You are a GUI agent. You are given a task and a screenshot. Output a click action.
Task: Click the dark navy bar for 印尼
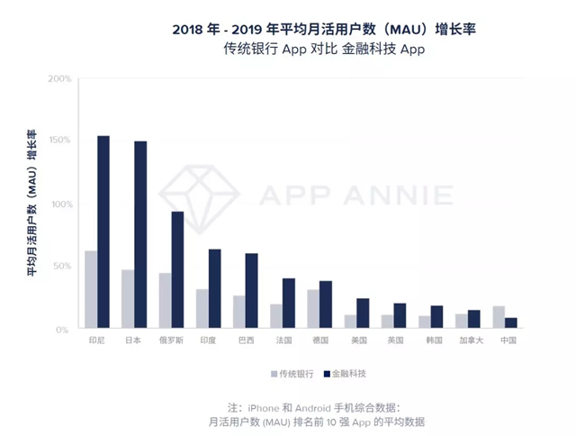pyautogui.click(x=103, y=232)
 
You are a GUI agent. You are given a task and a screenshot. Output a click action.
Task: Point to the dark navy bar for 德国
pyautogui.click(x=326, y=304)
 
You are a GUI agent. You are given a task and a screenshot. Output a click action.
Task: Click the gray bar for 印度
pyautogui.click(x=202, y=309)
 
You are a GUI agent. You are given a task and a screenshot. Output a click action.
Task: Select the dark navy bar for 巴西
pyautogui.click(x=251, y=291)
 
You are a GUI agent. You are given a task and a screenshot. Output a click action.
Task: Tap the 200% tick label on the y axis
pyautogui.click(x=58, y=79)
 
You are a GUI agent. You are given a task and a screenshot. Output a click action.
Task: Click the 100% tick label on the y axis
pyautogui.click(x=58, y=204)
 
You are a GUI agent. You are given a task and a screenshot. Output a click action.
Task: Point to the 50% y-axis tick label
pyautogui.click(x=60, y=267)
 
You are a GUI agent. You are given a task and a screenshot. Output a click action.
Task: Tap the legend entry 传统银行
pyautogui.click(x=296, y=373)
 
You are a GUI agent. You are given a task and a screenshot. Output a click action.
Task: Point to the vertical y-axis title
pyautogui.click(x=31, y=204)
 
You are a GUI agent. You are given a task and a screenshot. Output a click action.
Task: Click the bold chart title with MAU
pyautogui.click(x=323, y=30)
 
